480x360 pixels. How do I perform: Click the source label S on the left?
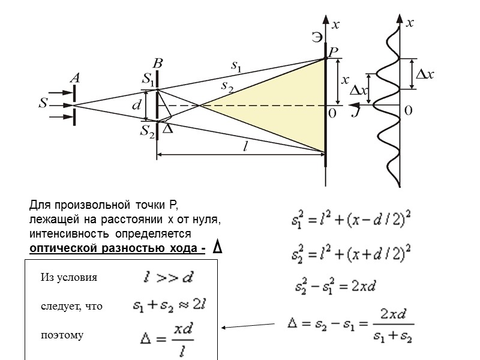tap(43, 103)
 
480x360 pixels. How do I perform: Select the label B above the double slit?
tap(157, 63)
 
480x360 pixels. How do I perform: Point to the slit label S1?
tap(148, 78)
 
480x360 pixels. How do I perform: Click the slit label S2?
tap(148, 130)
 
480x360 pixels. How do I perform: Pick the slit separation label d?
tap(136, 105)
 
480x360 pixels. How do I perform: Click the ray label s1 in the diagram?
tap(236, 65)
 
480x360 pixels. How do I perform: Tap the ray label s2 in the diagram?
tap(227, 86)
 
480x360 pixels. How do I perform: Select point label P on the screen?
tap(332, 53)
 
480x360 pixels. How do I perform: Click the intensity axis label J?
tap(356, 112)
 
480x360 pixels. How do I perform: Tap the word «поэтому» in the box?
tap(62, 335)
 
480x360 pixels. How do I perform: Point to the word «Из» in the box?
tap(47, 278)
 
